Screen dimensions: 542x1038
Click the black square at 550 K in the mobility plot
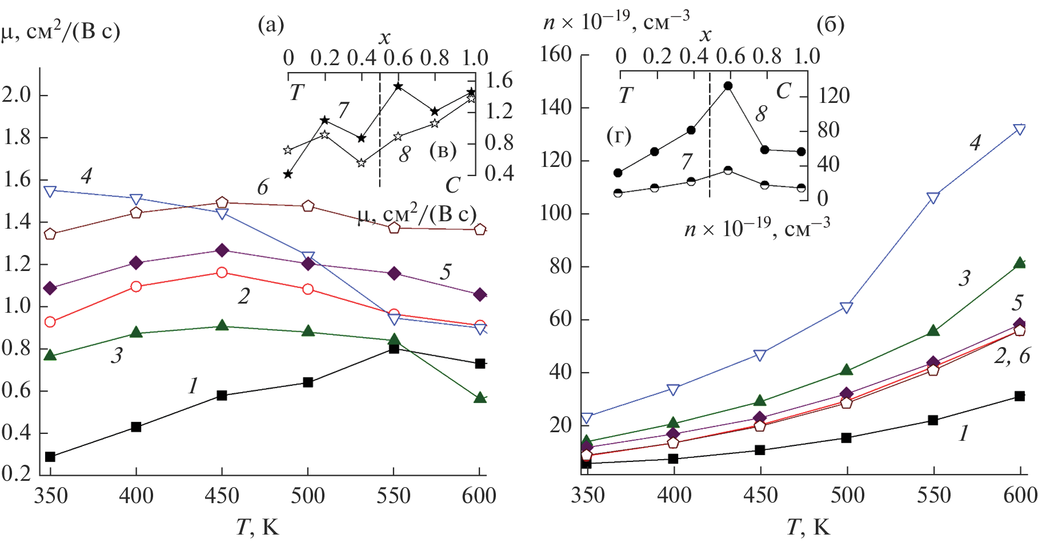click(x=394, y=348)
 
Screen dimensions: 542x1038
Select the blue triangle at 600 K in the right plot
click(x=1020, y=130)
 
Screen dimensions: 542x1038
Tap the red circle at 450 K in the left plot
click(x=222, y=273)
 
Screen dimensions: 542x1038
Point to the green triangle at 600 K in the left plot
click(x=480, y=397)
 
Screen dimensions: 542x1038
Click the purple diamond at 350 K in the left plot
click(x=50, y=288)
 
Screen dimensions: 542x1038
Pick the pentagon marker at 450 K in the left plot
click(x=222, y=202)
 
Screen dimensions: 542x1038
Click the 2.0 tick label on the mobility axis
click(x=17, y=94)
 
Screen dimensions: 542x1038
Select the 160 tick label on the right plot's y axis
click(x=556, y=54)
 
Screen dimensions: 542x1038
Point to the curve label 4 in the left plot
click(x=86, y=176)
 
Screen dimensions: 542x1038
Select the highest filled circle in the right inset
click(x=728, y=86)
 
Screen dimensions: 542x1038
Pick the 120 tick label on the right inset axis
click(x=834, y=95)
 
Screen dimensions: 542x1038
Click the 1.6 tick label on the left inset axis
click(x=499, y=81)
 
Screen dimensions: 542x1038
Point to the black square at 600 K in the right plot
click(x=1020, y=396)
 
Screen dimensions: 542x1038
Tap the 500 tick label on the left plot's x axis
click(x=308, y=495)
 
